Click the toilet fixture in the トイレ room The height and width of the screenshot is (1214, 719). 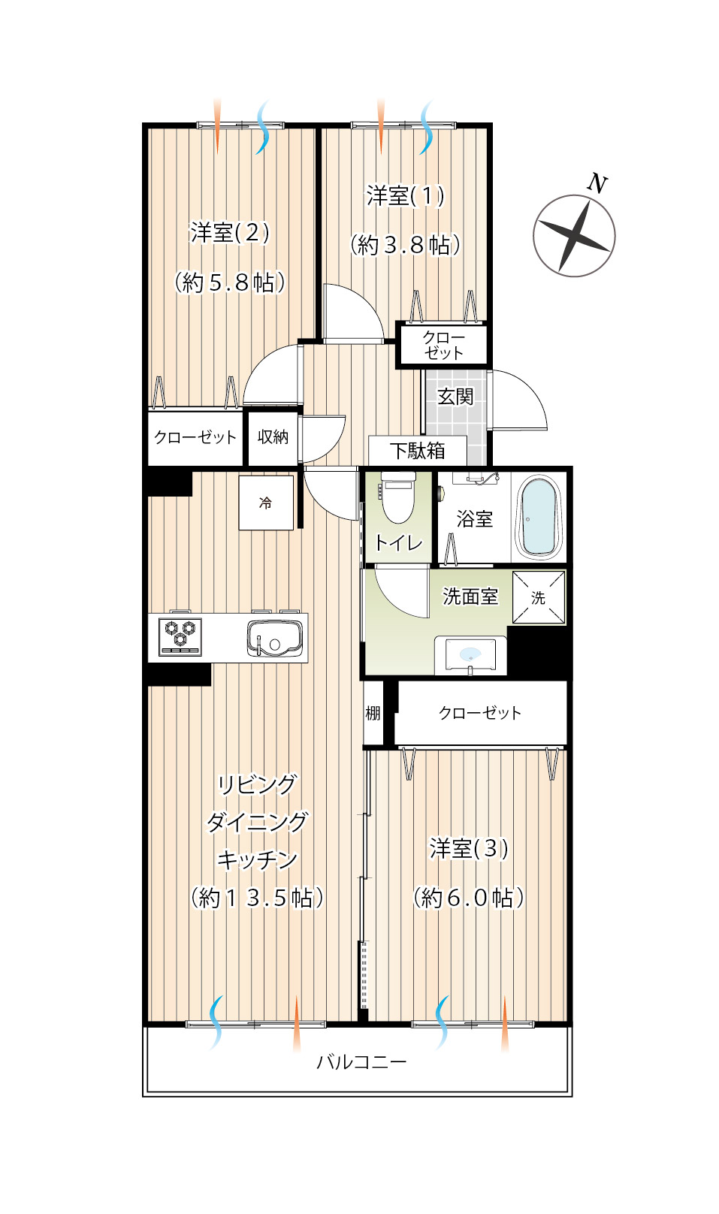[398, 497]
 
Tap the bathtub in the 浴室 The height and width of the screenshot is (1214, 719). [539, 518]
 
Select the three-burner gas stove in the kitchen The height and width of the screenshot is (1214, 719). [180, 637]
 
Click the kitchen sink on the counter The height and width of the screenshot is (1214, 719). [275, 638]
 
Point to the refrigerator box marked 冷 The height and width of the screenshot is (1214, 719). [266, 503]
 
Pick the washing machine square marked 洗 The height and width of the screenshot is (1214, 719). [539, 597]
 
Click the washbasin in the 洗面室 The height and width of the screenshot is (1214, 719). [470, 655]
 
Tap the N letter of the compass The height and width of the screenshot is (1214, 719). [597, 183]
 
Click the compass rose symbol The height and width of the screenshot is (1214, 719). [574, 236]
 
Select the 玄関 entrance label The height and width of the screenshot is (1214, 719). [456, 397]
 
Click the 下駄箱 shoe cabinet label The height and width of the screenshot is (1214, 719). [417, 451]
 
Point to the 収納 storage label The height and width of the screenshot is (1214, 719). [273, 436]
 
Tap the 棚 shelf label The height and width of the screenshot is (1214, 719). [373, 713]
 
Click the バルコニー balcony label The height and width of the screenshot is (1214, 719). [361, 1061]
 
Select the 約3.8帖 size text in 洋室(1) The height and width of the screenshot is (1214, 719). [405, 246]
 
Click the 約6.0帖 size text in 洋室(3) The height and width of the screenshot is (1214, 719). [469, 898]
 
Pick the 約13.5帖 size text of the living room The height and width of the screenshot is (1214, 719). [258, 898]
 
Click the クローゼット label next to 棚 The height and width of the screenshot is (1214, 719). [480, 713]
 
